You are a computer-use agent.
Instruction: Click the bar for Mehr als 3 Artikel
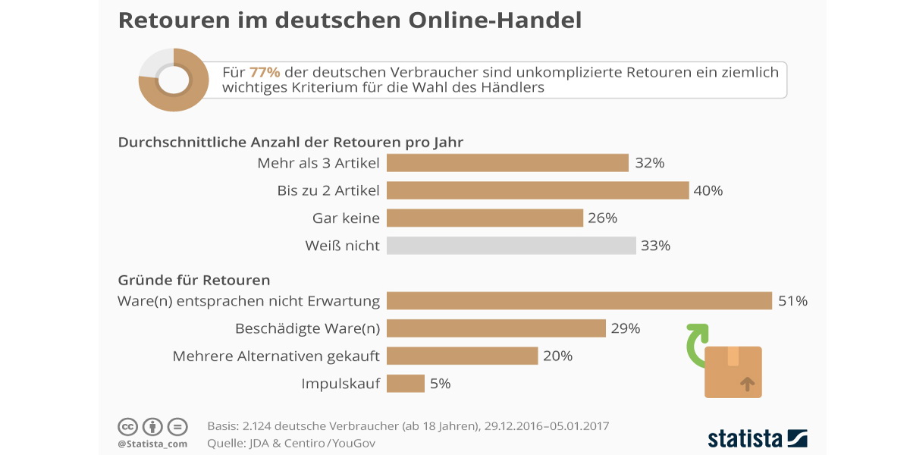(x=507, y=163)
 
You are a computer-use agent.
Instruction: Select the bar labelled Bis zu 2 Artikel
(x=538, y=190)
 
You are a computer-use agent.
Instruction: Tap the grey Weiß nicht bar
(x=511, y=246)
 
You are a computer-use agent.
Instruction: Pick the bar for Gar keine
(x=485, y=218)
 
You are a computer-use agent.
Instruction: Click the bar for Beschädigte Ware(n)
(x=496, y=328)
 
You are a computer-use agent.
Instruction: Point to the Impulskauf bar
(x=406, y=384)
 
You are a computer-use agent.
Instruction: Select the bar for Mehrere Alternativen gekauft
(x=463, y=356)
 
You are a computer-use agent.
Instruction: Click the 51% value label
(x=792, y=301)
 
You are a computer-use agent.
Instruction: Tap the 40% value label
(x=708, y=191)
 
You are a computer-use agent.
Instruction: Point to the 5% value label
(x=440, y=384)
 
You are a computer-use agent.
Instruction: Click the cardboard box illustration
(x=733, y=372)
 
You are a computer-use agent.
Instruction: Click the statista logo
(x=757, y=438)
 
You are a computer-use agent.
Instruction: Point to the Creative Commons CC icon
(x=127, y=426)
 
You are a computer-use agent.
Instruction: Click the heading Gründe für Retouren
(x=194, y=281)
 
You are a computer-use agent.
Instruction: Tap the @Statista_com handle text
(x=152, y=443)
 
